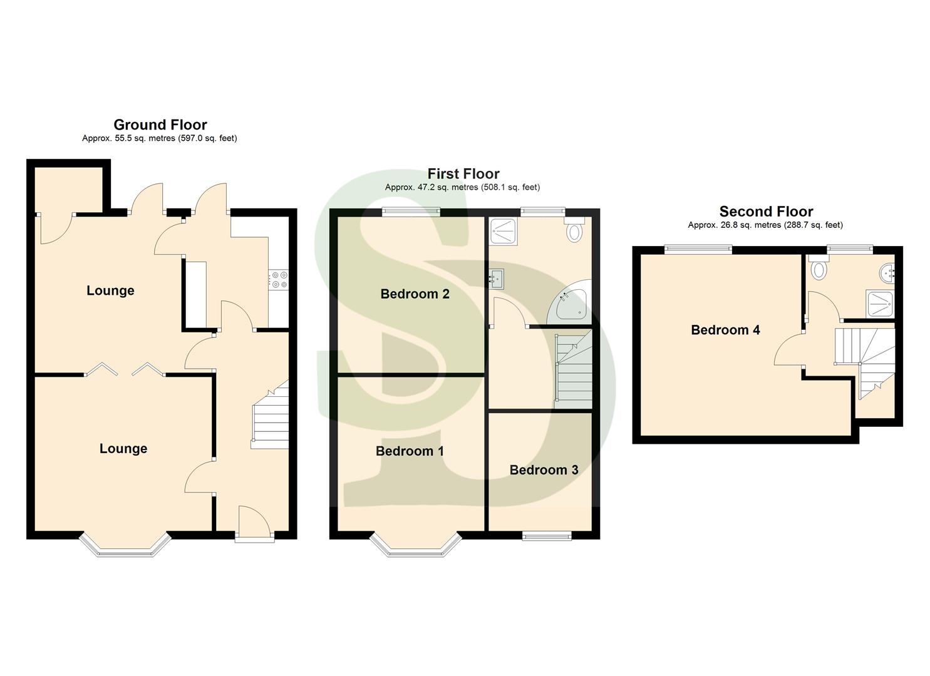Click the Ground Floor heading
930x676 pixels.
(x=160, y=125)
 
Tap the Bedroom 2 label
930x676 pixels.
(x=415, y=294)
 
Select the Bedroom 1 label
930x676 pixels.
(x=410, y=451)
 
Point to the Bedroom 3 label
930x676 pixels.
(x=544, y=469)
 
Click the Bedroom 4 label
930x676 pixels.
(x=725, y=330)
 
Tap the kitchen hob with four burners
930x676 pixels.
(x=278, y=279)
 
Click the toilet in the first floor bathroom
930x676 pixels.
(x=573, y=232)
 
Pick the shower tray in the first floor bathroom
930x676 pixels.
(x=504, y=231)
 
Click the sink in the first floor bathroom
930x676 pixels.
(x=497, y=278)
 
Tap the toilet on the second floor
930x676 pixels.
(x=818, y=269)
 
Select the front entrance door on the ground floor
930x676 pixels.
(x=254, y=521)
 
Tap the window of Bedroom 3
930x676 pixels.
(x=547, y=535)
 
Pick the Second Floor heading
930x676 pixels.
(x=766, y=212)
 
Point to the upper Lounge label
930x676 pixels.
(x=110, y=290)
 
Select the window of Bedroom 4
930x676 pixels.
(x=698, y=249)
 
